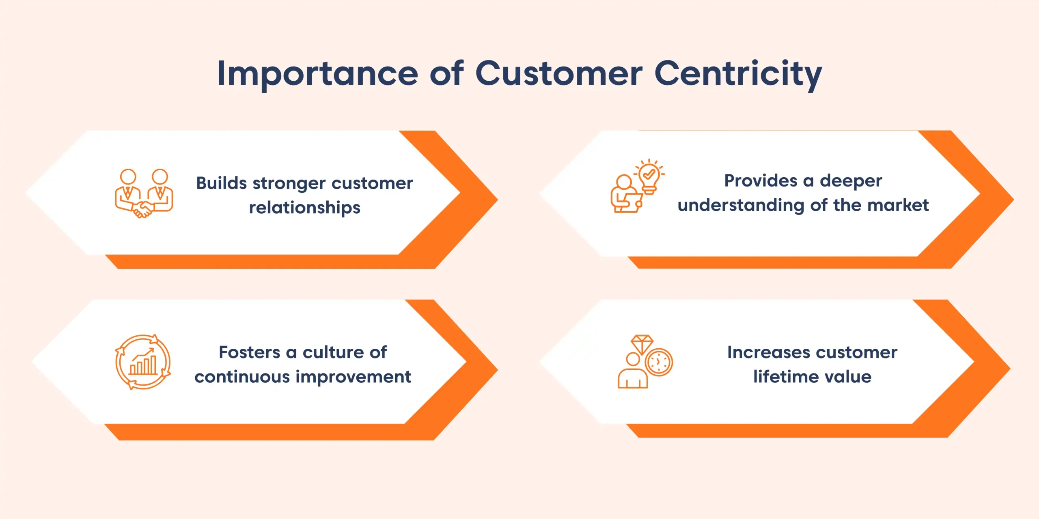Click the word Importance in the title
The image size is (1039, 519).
(x=317, y=74)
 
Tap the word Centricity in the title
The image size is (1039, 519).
(x=738, y=74)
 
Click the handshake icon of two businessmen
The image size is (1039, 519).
(x=144, y=193)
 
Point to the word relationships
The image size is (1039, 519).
(x=304, y=208)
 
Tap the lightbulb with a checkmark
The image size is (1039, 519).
(x=649, y=177)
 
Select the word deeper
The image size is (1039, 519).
(x=851, y=181)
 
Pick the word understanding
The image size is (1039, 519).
(x=741, y=205)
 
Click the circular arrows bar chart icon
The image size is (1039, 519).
(x=143, y=362)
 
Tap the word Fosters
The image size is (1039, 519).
(x=249, y=352)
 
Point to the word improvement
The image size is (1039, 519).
(x=353, y=377)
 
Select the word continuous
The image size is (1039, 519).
(x=242, y=377)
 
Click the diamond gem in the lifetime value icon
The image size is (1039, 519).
(x=642, y=344)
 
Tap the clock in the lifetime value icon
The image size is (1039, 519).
(x=658, y=362)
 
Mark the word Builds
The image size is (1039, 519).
(x=221, y=183)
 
